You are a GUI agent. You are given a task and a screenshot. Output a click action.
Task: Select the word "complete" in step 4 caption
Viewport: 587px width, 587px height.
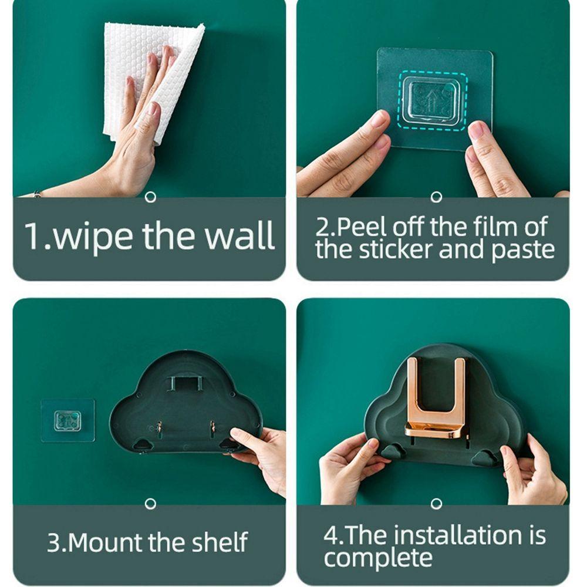tap(378, 558)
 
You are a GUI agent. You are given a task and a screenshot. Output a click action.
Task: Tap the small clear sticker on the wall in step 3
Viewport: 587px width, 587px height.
tap(68, 420)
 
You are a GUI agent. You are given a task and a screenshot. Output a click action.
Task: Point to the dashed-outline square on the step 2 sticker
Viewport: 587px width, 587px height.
tap(433, 101)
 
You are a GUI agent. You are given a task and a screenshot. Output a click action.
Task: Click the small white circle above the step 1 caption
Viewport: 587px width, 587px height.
tap(150, 197)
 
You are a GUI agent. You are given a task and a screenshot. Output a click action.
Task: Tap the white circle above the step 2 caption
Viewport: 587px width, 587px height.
tap(436, 197)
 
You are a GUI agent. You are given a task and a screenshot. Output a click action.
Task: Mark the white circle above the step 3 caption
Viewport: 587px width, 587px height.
tap(150, 504)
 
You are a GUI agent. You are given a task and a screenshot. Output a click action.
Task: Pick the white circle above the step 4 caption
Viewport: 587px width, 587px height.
tap(436, 504)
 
